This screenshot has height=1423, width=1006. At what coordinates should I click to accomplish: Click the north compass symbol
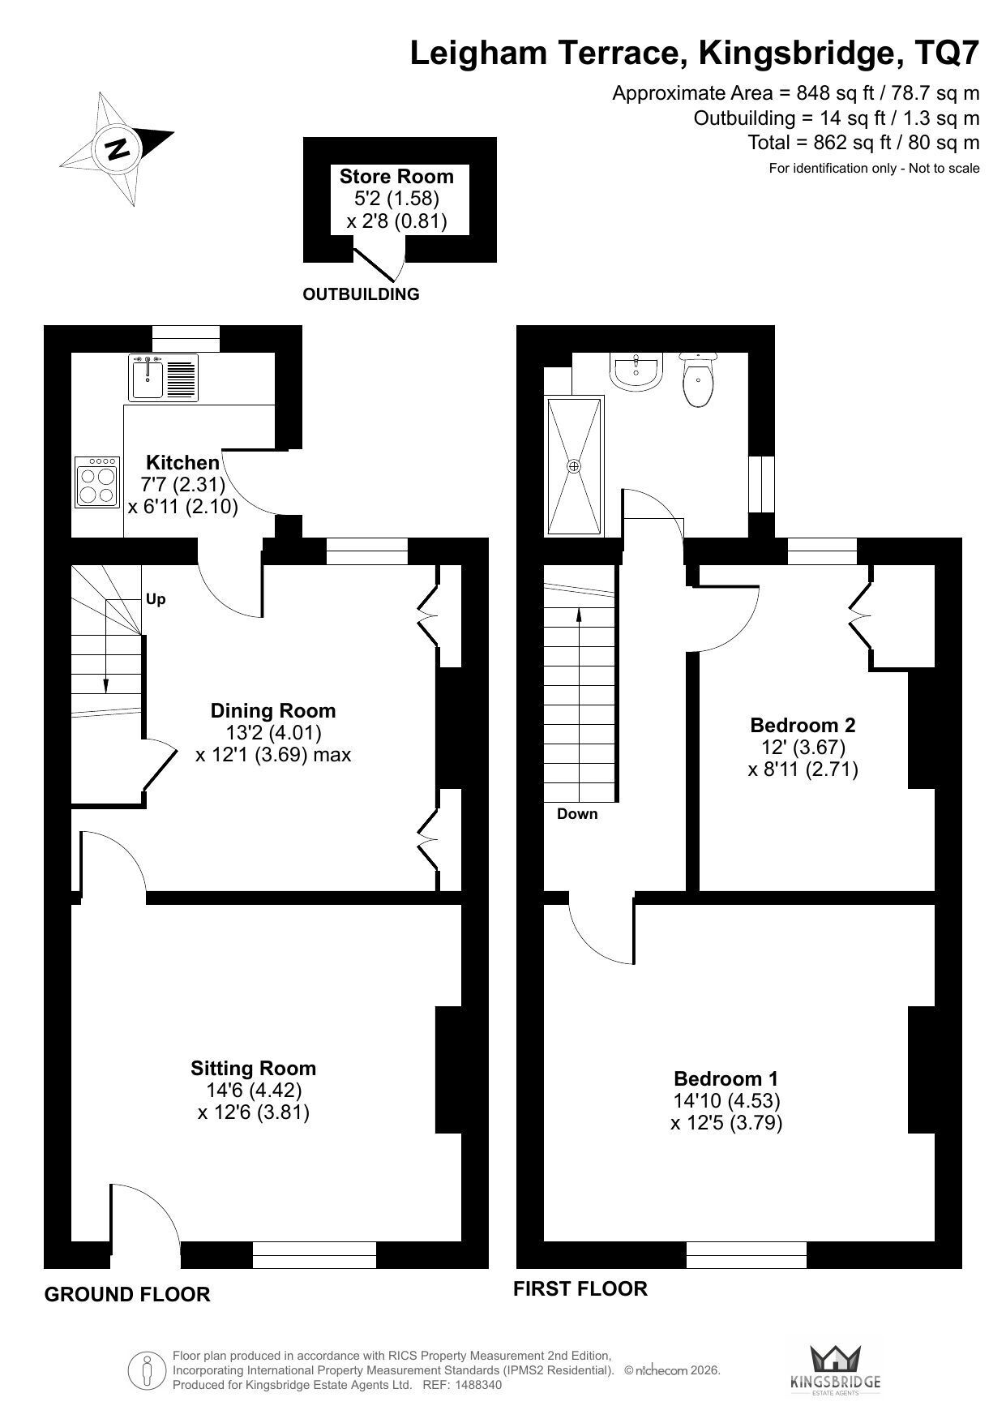118,148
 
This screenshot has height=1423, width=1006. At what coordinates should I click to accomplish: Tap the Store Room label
396,176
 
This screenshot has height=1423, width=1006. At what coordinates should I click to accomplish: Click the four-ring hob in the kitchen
97,482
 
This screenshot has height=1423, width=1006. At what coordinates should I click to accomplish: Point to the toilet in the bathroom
699,379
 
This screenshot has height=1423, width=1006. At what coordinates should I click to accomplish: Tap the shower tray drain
574,466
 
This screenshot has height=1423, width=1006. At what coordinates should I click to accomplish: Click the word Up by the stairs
156,599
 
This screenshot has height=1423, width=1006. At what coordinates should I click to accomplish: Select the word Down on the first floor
577,814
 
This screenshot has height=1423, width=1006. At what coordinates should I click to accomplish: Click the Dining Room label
273,710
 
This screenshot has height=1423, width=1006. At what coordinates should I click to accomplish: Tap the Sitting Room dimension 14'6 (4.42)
254,1091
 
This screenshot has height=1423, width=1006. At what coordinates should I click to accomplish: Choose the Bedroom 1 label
726,1078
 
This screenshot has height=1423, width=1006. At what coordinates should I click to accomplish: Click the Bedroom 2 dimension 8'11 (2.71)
803,769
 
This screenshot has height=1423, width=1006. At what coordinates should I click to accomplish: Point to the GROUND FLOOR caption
127,1294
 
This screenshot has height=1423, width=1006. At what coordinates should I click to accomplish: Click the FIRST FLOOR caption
580,1288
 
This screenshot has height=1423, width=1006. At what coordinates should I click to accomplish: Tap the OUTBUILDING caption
361,294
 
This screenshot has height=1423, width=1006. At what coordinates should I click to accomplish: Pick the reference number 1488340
478,1385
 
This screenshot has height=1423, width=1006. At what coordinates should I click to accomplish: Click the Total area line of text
863,143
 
